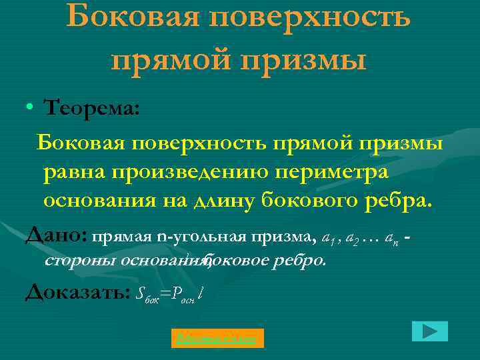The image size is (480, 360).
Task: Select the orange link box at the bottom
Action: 217,339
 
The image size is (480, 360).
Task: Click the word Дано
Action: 56,235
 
